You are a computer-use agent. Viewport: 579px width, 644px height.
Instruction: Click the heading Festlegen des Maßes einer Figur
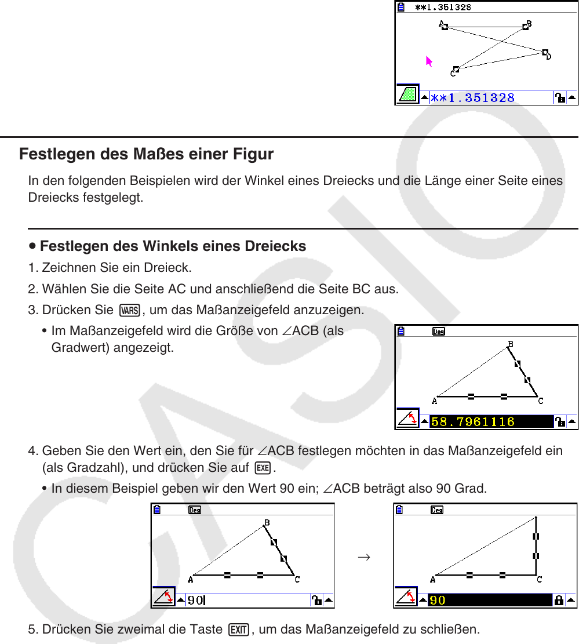146,155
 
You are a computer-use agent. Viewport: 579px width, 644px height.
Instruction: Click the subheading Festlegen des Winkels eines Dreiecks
173,246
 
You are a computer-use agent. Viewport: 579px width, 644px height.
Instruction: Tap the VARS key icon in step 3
130,311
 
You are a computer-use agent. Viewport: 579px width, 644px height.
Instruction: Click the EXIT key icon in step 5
238,629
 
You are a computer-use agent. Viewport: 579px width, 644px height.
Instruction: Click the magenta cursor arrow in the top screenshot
429,62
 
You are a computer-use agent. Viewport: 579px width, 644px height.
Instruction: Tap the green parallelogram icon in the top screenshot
408,94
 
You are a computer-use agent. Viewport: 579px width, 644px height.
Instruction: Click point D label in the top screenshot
549,57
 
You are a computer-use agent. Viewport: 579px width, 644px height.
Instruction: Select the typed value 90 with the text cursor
195,600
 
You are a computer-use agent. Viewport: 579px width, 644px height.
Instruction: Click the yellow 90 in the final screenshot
438,600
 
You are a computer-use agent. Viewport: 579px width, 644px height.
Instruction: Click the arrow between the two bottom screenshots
364,558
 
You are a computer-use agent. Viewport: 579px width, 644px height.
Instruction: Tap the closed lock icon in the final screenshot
559,600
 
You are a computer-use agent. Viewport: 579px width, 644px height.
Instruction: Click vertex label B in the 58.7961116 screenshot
511,345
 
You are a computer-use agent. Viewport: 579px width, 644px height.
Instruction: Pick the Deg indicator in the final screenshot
437,511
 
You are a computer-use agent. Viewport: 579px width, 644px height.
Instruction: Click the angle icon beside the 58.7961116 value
407,419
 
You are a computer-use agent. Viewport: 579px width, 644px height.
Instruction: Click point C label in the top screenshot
453,73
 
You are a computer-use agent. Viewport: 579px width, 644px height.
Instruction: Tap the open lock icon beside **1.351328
560,98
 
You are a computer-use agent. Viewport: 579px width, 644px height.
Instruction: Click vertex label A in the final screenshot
432,580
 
